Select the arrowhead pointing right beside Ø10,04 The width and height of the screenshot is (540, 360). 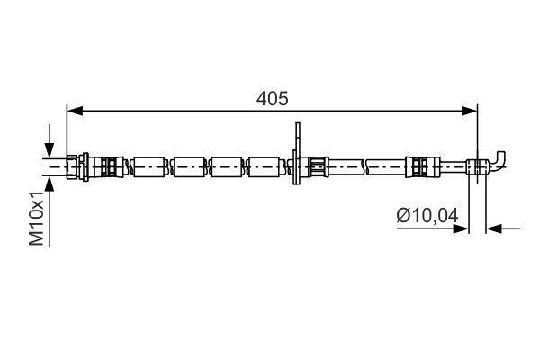[x=463, y=229]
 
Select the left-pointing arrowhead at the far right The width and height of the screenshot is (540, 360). [x=493, y=229]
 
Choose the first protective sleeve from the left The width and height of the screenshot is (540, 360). [x=149, y=166]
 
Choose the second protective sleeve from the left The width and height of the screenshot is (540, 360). [x=191, y=166]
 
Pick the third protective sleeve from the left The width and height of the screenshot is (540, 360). [x=228, y=166]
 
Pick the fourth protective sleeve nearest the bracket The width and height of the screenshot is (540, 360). [x=265, y=166]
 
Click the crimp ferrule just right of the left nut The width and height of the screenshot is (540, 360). [x=107, y=166]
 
